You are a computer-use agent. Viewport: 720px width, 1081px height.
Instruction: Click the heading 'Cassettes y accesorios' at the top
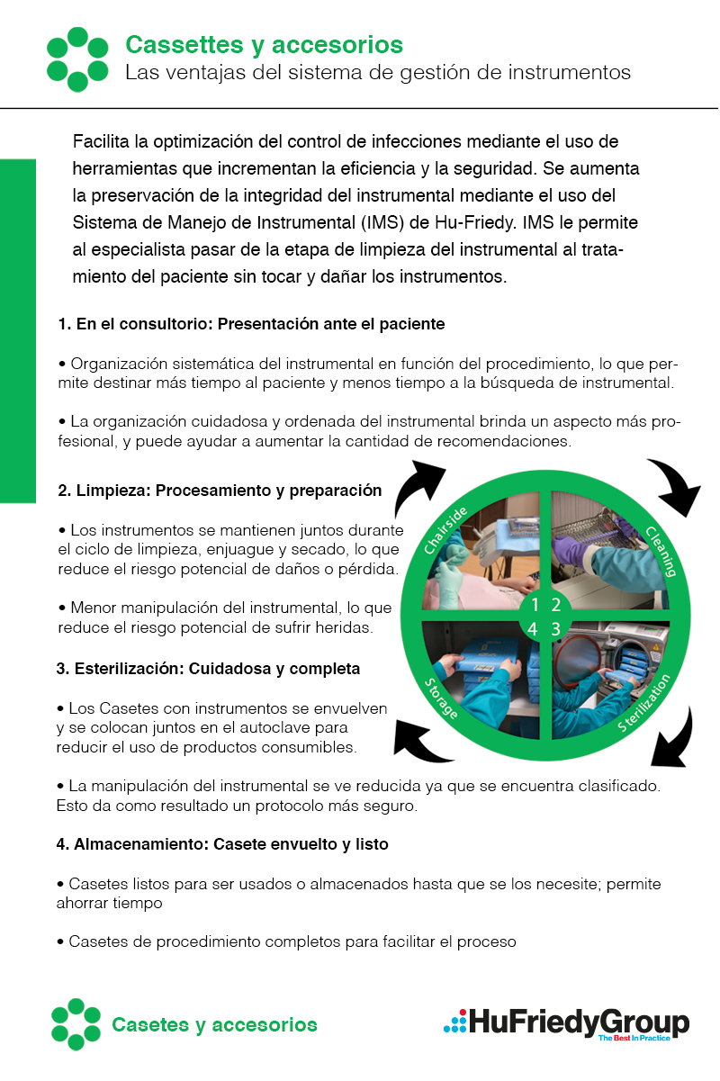[x=264, y=44]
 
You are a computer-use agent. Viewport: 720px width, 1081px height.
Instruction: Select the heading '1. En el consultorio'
[x=251, y=323]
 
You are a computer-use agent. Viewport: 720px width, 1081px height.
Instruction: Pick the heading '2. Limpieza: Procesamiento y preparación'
[x=220, y=491]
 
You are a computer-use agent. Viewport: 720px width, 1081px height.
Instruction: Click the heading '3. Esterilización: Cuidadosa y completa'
[x=208, y=669]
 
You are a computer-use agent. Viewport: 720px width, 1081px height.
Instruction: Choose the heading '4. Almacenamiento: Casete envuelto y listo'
[x=222, y=845]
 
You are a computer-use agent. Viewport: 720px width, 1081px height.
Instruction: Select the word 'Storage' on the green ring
[x=441, y=698]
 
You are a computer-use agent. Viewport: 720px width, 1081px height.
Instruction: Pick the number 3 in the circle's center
[x=556, y=628]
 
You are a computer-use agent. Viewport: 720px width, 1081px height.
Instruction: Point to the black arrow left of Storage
[x=421, y=740]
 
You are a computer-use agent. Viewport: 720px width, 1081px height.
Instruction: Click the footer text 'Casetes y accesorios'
[x=214, y=1024]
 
